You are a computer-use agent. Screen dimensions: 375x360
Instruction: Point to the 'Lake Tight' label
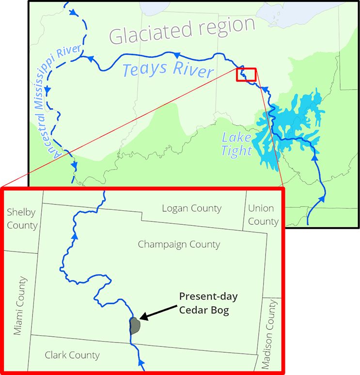pyautogui.click(x=236, y=143)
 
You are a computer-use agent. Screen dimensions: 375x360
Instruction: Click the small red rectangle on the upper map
pyautogui.click(x=246, y=75)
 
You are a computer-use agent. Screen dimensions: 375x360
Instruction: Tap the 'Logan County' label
pyautogui.click(x=192, y=209)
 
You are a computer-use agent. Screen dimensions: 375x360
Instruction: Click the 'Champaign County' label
pyautogui.click(x=179, y=244)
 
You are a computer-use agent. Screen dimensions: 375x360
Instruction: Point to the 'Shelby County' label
pyautogui.click(x=22, y=219)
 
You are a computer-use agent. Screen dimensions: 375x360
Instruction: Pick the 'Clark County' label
pyautogui.click(x=72, y=355)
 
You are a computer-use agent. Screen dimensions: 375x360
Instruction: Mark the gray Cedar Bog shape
pyautogui.click(x=135, y=325)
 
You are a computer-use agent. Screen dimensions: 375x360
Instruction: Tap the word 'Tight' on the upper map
pyautogui.click(x=236, y=151)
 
